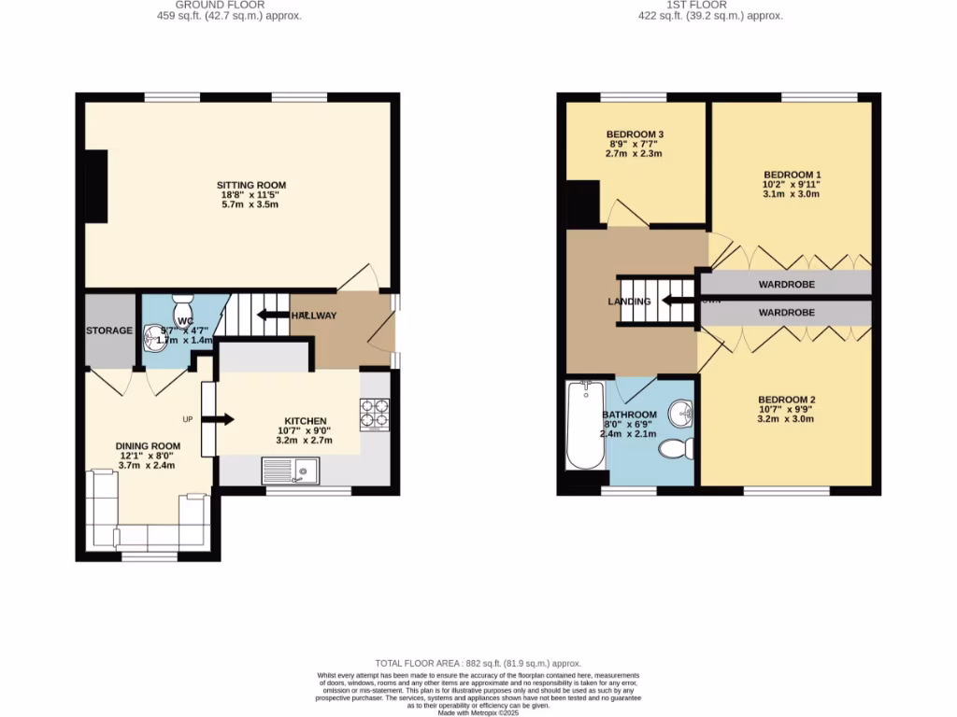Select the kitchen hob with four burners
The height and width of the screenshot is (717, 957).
375,415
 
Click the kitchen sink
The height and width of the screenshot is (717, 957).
292,471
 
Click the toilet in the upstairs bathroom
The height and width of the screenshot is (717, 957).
677,449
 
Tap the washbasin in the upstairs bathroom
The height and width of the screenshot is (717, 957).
683,411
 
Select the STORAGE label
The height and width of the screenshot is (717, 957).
109,330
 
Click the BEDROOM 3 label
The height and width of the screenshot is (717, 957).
635,134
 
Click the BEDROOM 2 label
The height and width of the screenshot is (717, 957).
786,399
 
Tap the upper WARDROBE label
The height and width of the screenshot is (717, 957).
785,284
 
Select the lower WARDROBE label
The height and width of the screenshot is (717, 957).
785,313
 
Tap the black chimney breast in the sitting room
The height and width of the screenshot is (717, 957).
96,186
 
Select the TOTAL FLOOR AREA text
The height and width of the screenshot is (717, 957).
478,661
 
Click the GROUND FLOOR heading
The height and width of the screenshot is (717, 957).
229,5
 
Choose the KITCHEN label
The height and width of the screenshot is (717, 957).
306,421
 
